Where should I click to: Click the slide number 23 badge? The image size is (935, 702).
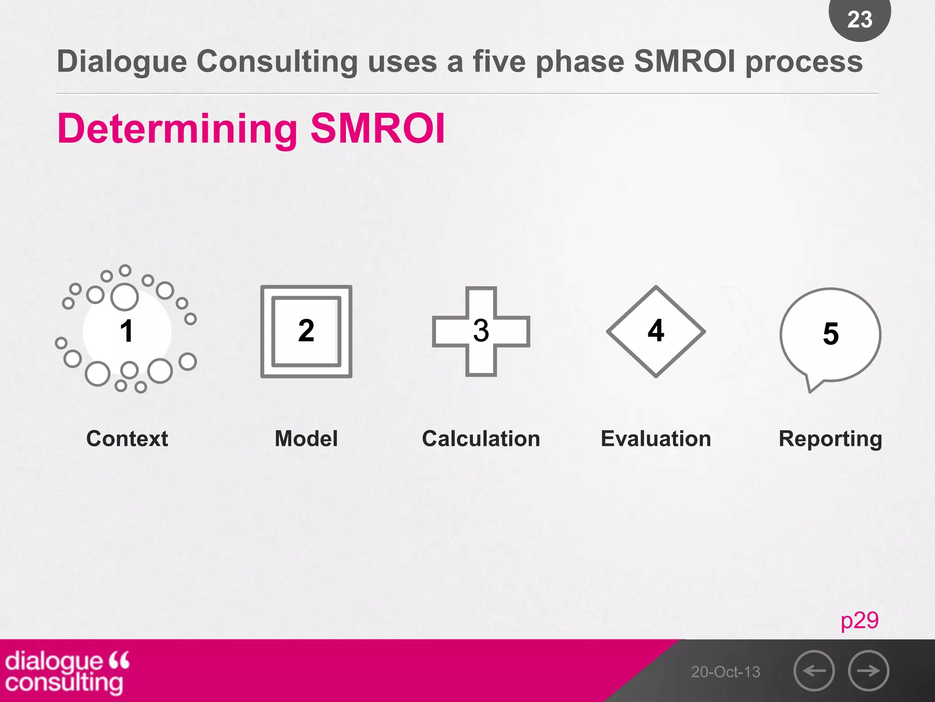click(859, 19)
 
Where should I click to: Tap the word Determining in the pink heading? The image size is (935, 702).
click(178, 129)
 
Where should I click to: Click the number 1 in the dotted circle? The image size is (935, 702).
click(126, 331)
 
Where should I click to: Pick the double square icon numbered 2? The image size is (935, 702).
click(306, 331)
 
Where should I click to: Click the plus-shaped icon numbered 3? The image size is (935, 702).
click(481, 331)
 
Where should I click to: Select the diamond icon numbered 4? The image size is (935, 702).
click(656, 331)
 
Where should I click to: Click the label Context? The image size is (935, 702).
click(127, 439)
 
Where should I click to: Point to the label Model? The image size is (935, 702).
click(306, 439)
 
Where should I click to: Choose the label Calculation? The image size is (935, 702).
click(481, 439)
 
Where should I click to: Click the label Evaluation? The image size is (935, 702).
click(656, 439)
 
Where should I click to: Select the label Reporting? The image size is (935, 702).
click(830, 439)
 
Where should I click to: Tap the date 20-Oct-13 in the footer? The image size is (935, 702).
click(725, 672)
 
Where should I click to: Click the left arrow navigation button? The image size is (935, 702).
click(814, 670)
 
